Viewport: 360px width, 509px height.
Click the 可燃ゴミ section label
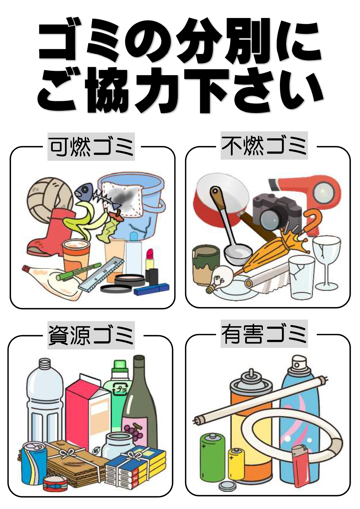point(91,147)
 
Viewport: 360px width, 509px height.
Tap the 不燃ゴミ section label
point(264,146)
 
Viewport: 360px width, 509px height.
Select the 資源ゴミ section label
point(91,335)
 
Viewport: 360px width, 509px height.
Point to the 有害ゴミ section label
point(264,334)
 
